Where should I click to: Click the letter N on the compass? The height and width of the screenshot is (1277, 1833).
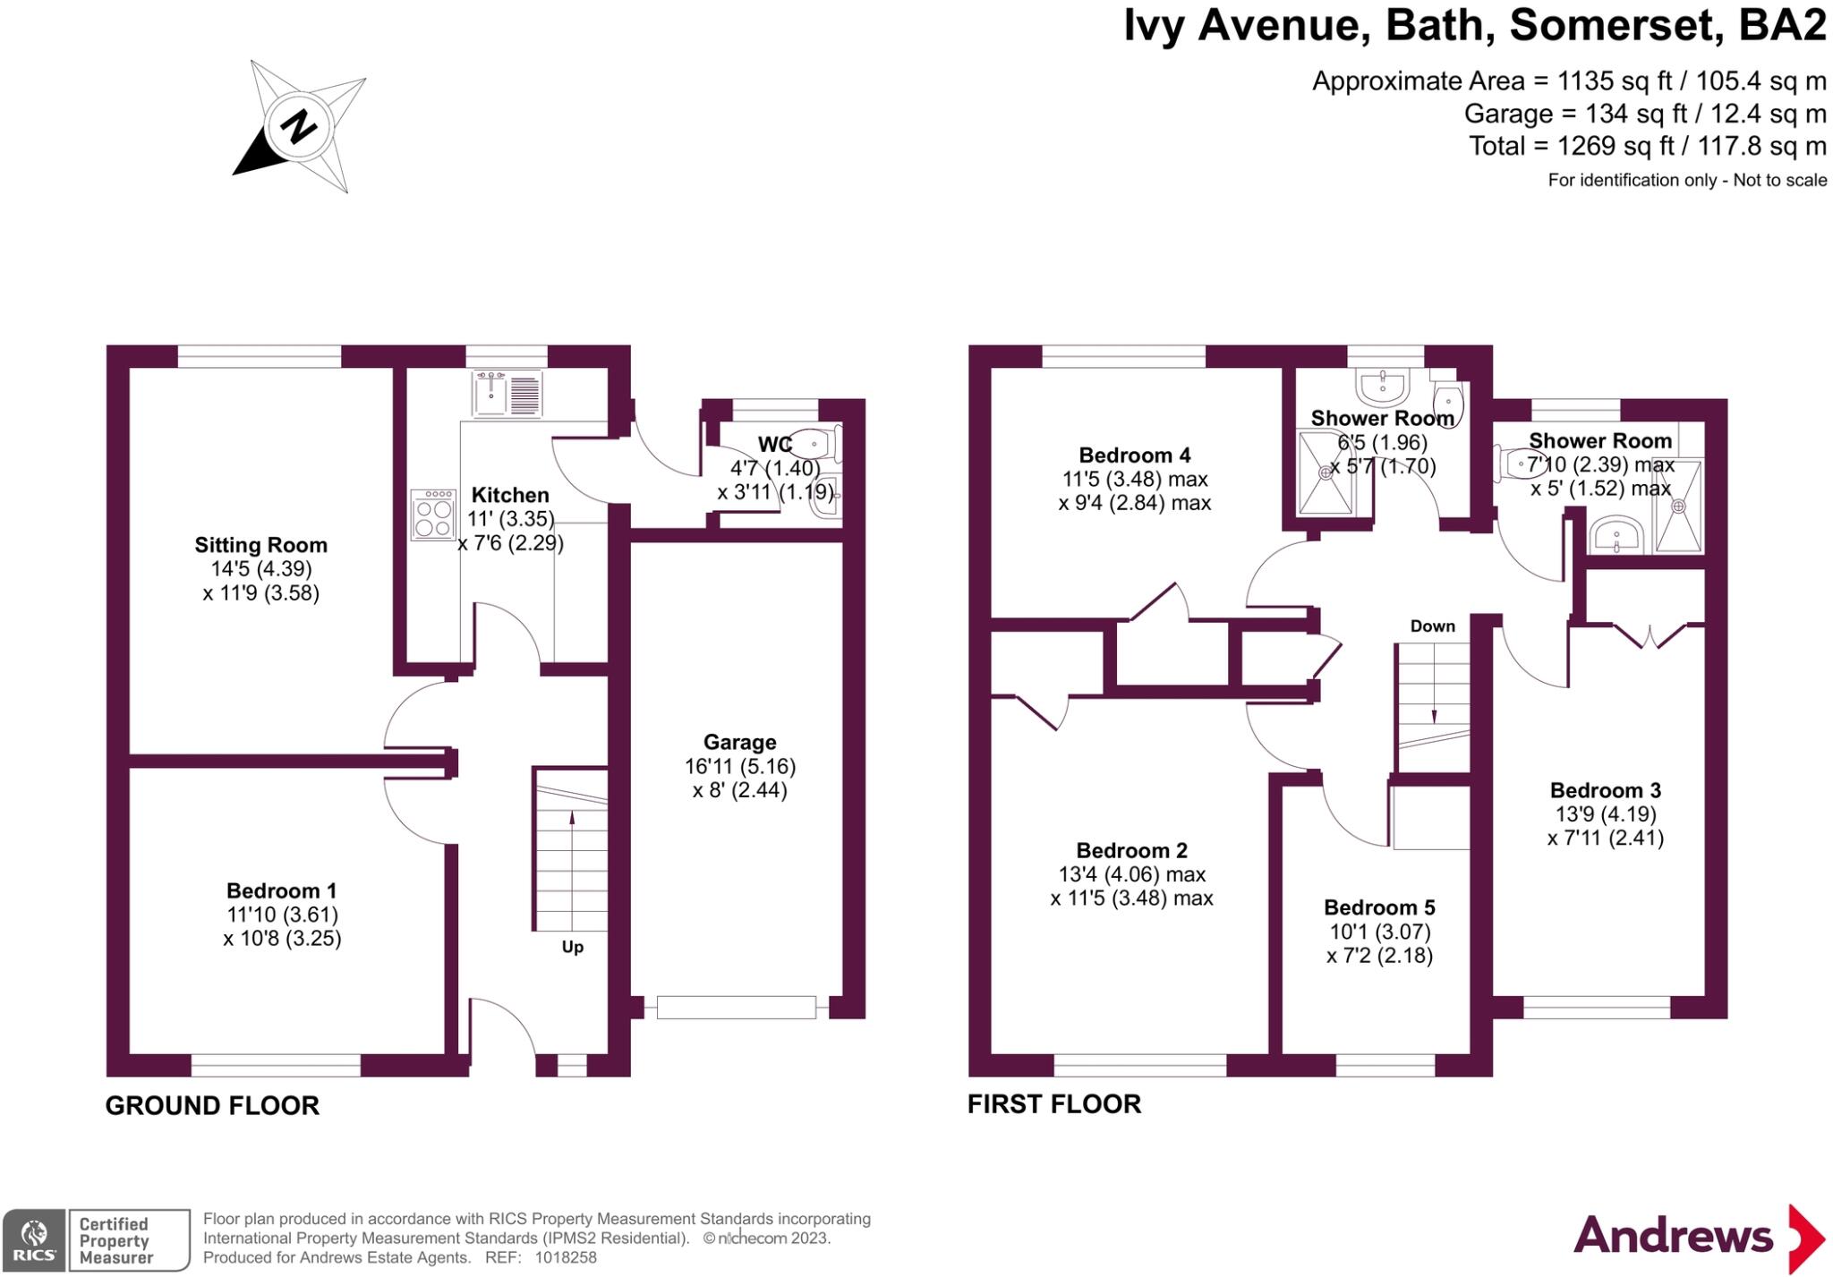coord(298,126)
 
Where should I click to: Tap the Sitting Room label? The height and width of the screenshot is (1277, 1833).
coord(260,545)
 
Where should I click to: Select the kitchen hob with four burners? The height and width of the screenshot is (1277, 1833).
coord(433,515)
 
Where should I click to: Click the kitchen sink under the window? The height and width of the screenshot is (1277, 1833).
coord(507,394)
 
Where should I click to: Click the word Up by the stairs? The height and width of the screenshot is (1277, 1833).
coord(572,947)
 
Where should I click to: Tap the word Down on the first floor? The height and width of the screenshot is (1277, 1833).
coord(1432,626)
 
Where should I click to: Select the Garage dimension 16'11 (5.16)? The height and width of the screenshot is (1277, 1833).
coord(739,766)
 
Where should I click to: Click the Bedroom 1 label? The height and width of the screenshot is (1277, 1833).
coord(281,890)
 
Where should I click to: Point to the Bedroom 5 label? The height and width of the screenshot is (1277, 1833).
coord(1379,907)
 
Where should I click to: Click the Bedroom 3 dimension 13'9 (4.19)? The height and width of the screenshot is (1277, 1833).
coord(1605,814)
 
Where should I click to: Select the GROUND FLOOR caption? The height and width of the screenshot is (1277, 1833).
coord(212,1106)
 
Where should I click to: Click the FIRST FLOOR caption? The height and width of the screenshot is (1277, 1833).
coord(1053,1104)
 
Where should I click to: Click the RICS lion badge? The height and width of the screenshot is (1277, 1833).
coord(33,1239)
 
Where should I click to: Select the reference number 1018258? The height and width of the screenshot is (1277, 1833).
coord(565,1257)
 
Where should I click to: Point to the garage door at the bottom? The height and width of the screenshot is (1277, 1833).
coord(736,1008)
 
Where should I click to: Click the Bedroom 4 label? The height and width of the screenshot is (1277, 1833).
coord(1134,455)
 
